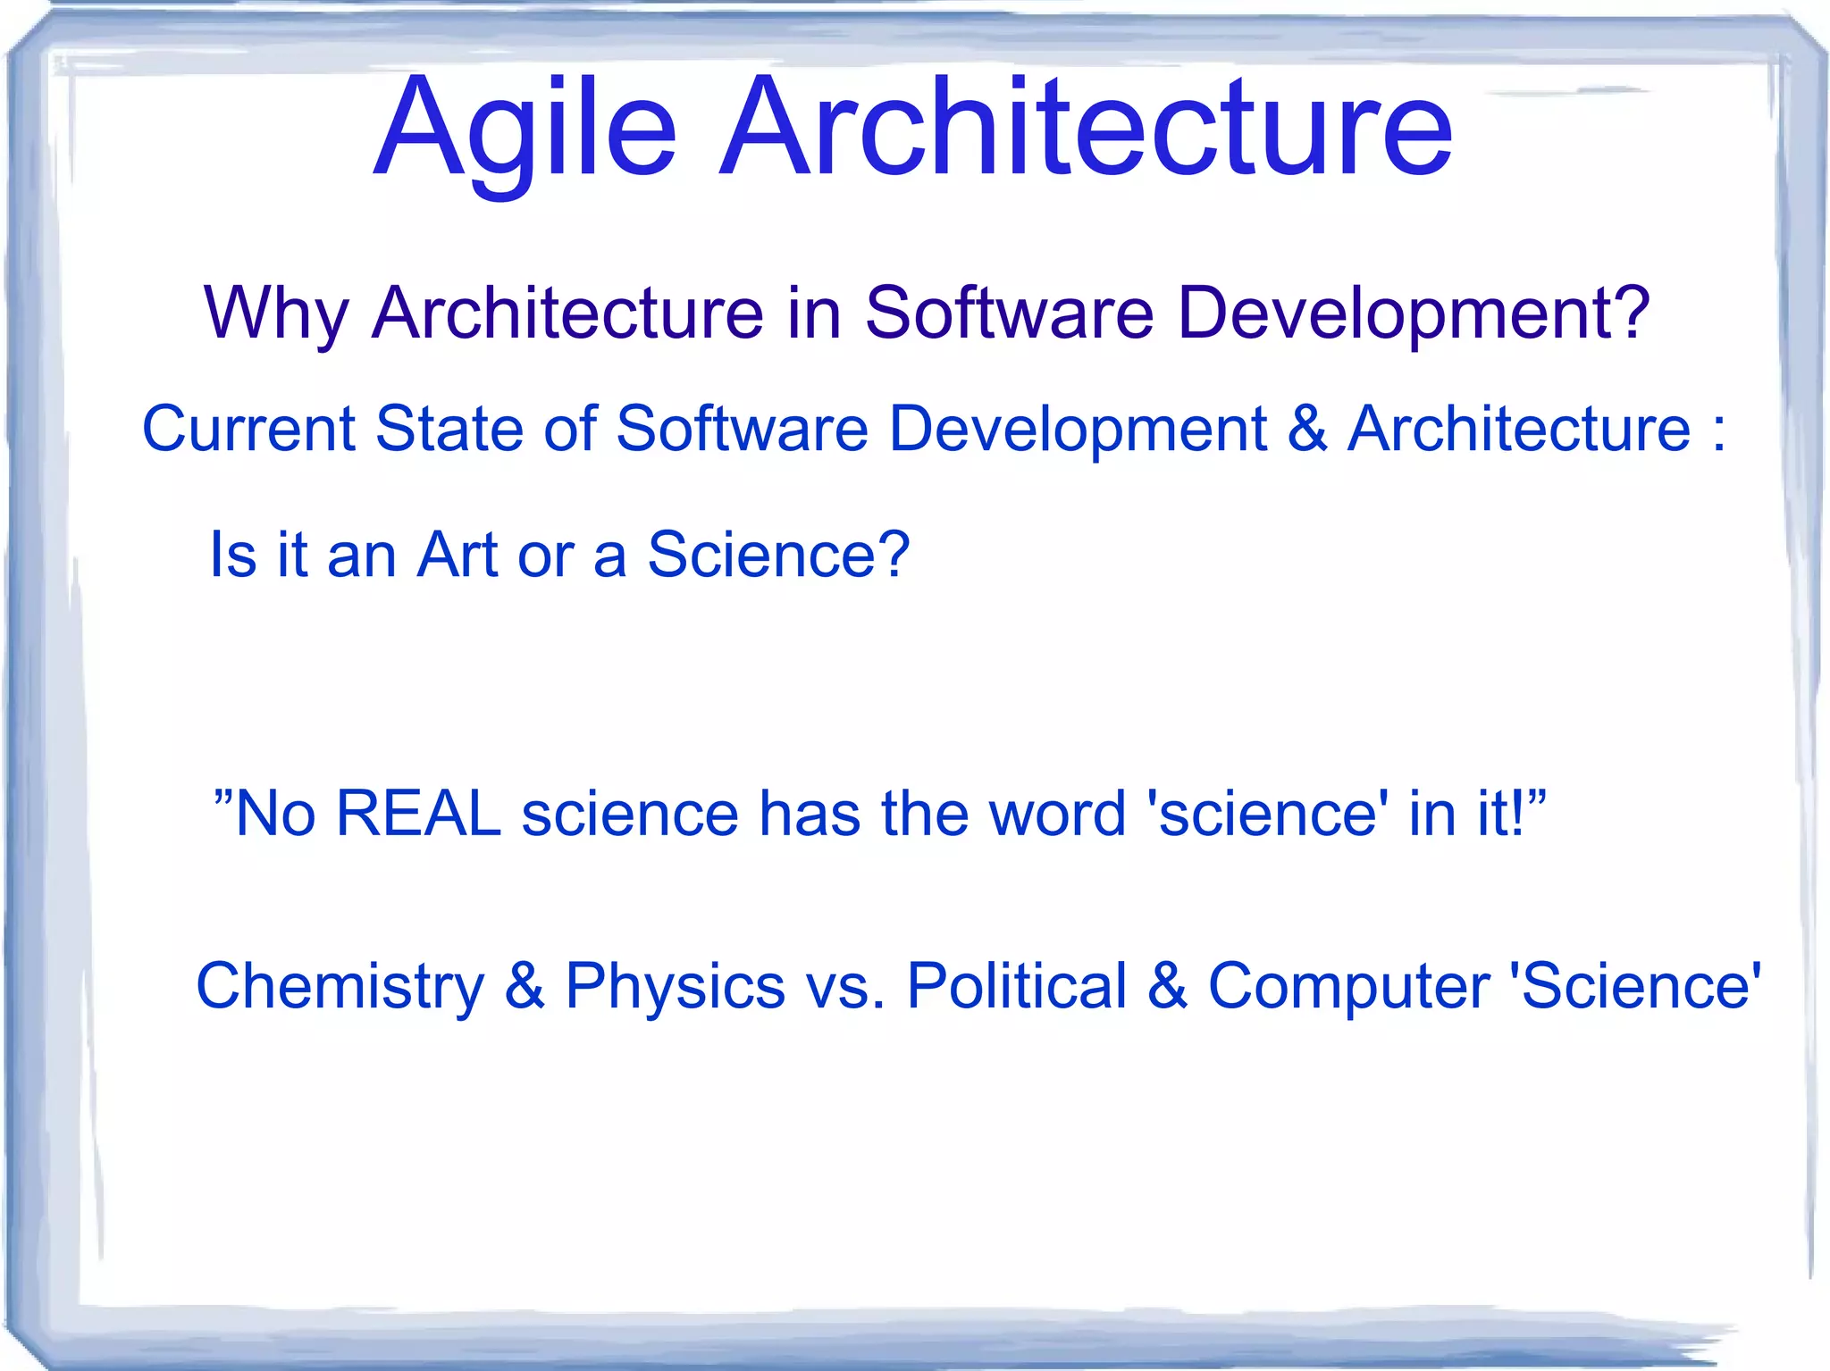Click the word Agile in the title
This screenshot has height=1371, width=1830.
pos(525,130)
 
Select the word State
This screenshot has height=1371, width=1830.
pos(449,430)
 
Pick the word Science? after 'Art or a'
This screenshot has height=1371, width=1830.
pos(777,555)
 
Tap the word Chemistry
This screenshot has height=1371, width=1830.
pos(340,987)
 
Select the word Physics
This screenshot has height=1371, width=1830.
pos(675,987)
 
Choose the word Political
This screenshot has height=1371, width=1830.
pos(1017,987)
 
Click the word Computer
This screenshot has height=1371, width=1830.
pos(1348,987)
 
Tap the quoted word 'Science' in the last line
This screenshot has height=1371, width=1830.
pos(1635,987)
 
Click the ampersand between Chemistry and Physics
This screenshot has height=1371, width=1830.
pos(525,987)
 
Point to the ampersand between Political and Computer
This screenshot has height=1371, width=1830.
pos(1167,987)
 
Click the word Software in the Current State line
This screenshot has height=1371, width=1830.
pos(742,430)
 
